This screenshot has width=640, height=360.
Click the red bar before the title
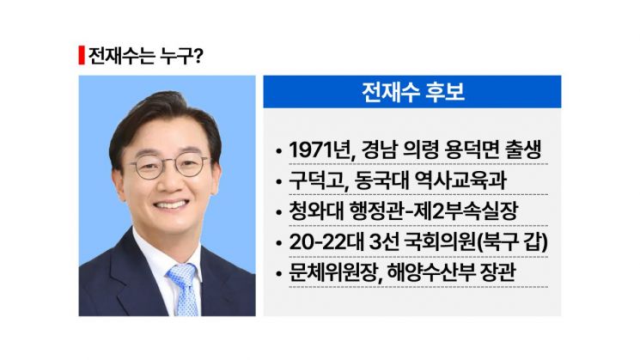(81, 55)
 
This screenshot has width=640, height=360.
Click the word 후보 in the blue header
(444, 92)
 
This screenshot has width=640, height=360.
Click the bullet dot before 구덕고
(279, 183)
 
